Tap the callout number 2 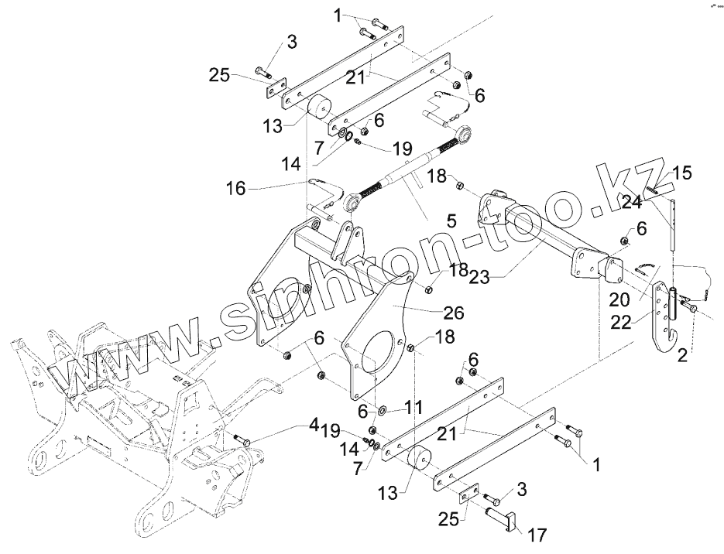pyautogui.click(x=681, y=356)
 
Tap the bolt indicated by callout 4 pyautogui.click(x=240, y=440)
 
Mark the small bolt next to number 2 pyautogui.click(x=691, y=309)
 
